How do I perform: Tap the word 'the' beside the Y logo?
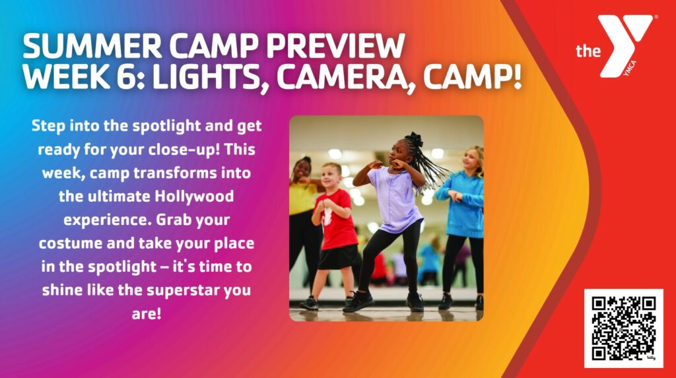588,51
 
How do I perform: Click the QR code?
623,328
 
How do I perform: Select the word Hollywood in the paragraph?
194,197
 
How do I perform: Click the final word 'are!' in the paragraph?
146,314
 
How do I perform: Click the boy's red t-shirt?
336,220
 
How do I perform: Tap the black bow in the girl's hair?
415,139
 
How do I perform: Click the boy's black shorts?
339,257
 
